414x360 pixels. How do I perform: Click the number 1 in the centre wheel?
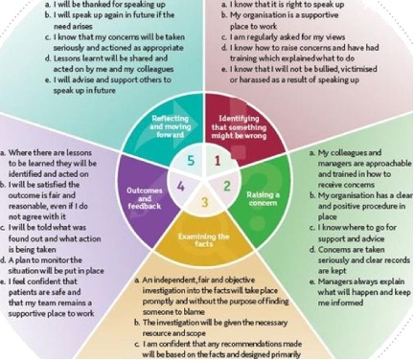pos(218,161)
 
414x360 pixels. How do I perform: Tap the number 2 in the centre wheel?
pos(226,185)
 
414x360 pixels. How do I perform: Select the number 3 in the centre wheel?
pos(203,202)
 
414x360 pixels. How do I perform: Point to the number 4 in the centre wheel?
pos(180,186)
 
